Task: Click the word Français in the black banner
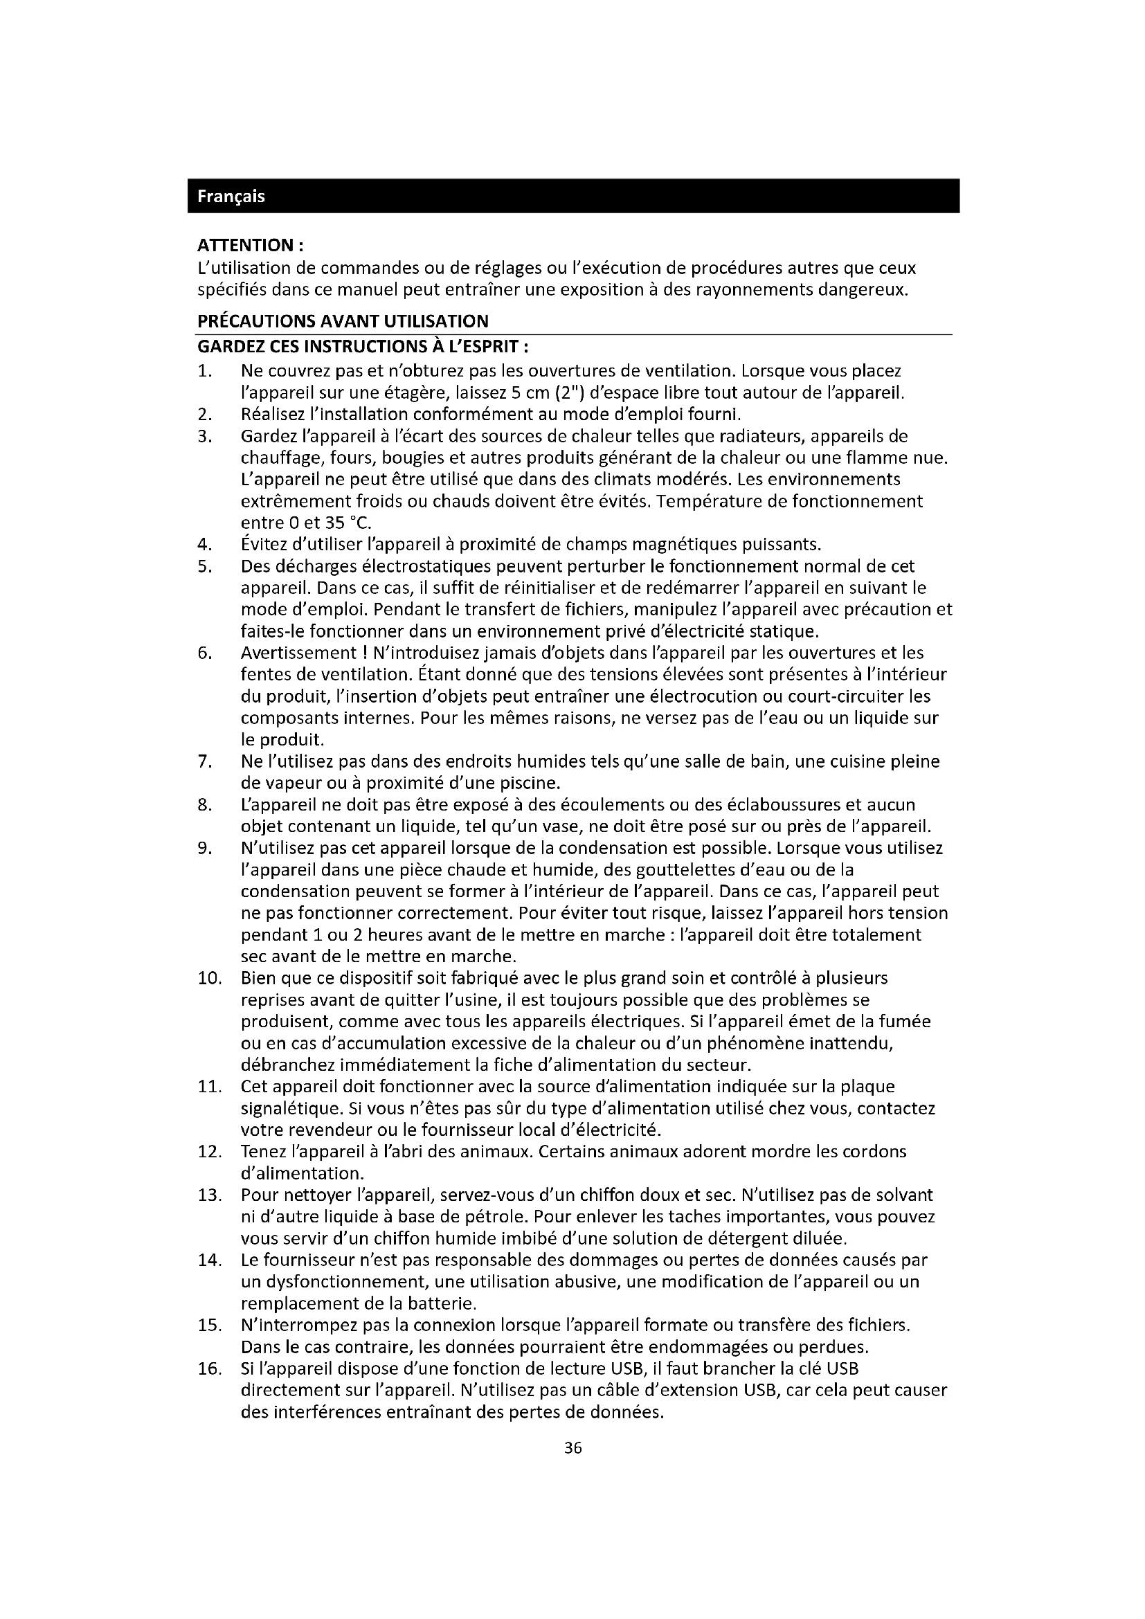(x=231, y=196)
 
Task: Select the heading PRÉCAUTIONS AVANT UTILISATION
(x=343, y=322)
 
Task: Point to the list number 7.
(x=204, y=761)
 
